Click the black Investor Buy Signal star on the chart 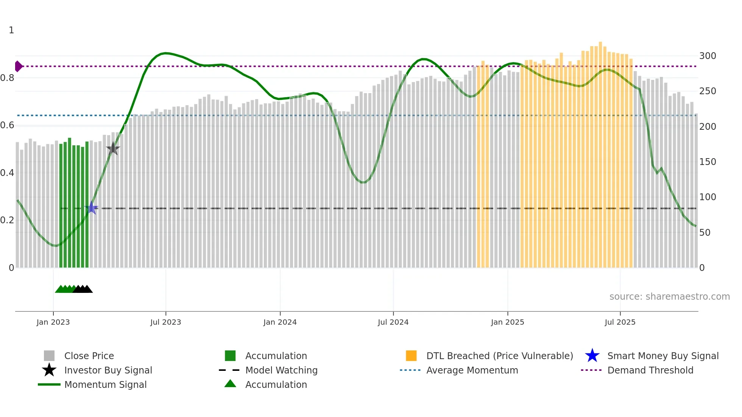(113, 149)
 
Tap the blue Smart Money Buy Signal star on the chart (92, 208)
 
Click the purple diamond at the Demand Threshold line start (18, 66)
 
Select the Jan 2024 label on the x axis (280, 322)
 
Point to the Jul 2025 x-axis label (620, 322)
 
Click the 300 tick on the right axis (707, 56)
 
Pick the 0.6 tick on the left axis (8, 125)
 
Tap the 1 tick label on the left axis (11, 30)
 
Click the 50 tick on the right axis (705, 232)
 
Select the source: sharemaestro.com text (669, 296)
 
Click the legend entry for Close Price (89, 356)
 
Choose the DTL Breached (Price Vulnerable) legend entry (499, 356)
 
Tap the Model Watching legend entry (281, 370)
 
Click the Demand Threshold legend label (650, 370)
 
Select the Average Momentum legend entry (472, 370)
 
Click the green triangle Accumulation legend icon (230, 384)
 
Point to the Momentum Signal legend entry (105, 384)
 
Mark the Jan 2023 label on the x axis (53, 322)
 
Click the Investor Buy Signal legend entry (108, 370)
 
